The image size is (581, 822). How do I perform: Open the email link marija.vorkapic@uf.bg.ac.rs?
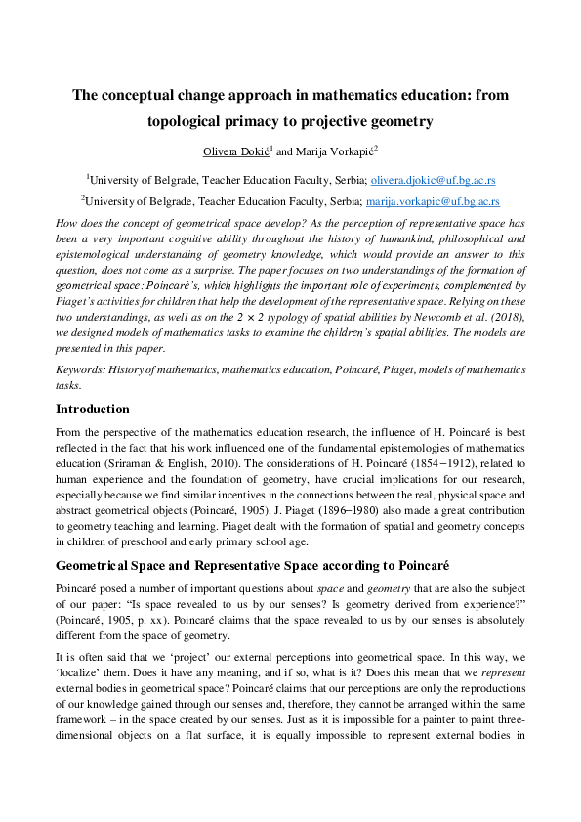click(433, 202)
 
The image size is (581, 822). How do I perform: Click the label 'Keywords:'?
click(81, 370)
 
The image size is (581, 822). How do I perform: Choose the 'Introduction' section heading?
click(92, 409)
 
